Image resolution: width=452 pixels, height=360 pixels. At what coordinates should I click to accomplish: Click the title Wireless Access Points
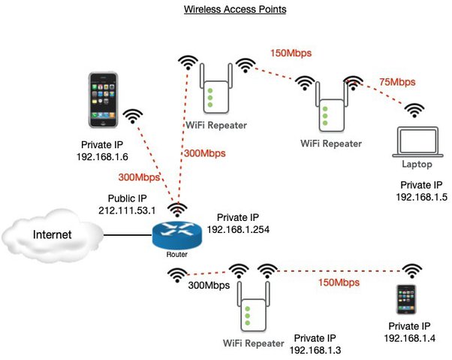pyautogui.click(x=225, y=11)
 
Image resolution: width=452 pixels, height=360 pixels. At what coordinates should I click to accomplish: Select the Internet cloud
pyautogui.click(x=52, y=235)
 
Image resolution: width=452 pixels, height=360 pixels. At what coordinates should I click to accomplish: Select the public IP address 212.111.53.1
pyautogui.click(x=128, y=213)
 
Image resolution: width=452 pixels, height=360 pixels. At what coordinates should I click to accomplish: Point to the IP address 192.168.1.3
pyautogui.click(x=315, y=349)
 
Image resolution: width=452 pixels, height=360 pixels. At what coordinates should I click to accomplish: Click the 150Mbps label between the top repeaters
pyautogui.click(x=291, y=53)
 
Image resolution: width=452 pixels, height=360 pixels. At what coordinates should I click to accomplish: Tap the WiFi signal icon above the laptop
pyautogui.click(x=414, y=110)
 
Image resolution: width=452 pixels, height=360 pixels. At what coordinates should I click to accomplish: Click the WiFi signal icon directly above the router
pyautogui.click(x=177, y=209)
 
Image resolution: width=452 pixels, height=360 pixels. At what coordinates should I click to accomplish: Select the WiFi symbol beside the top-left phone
pyautogui.click(x=133, y=116)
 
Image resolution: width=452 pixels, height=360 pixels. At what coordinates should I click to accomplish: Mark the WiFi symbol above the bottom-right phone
pyautogui.click(x=411, y=270)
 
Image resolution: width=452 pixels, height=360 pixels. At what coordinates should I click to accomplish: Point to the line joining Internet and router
pyautogui.click(x=127, y=235)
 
